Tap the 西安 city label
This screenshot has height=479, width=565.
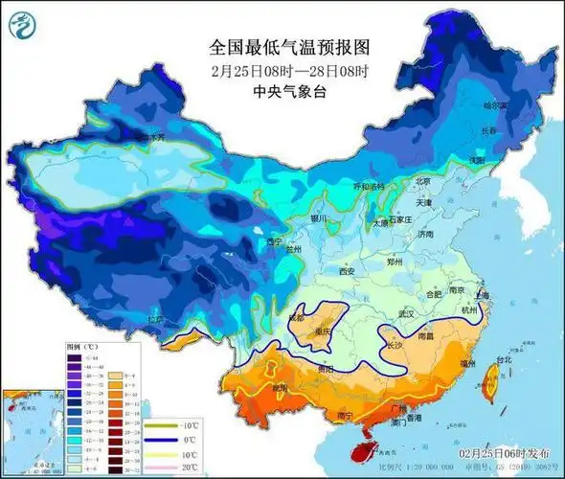tap(347, 272)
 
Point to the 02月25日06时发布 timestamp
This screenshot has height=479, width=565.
tap(504, 451)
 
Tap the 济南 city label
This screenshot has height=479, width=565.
tap(424, 233)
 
